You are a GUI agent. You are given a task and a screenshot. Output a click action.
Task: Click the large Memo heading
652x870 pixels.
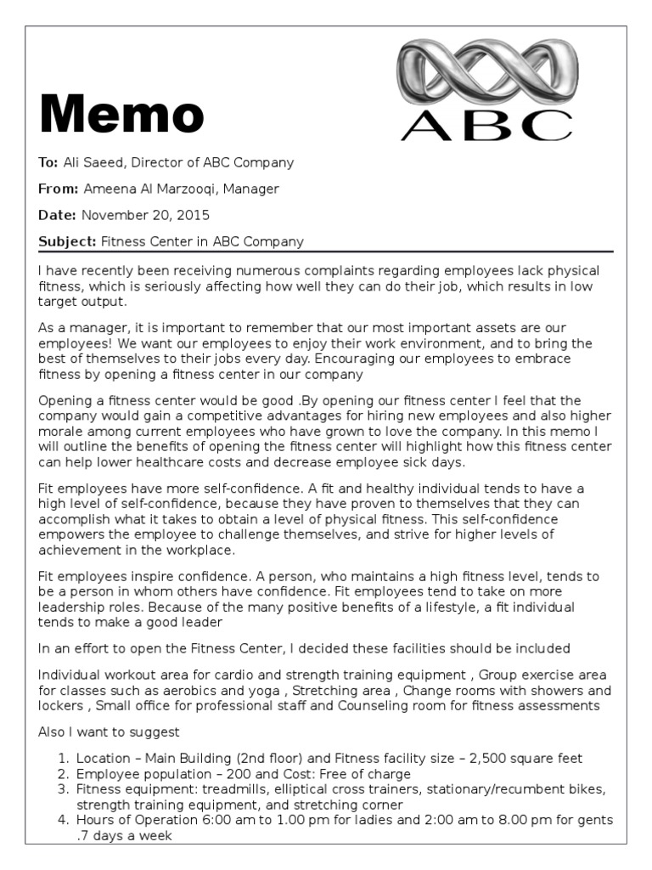tap(121, 114)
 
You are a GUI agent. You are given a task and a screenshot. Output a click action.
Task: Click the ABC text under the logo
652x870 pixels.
tap(486, 124)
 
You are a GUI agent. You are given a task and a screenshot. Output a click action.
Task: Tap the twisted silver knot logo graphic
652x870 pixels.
tap(489, 71)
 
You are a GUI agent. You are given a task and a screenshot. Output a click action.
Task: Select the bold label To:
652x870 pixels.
tap(48, 162)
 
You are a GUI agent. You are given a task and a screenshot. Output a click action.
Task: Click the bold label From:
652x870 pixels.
tap(59, 189)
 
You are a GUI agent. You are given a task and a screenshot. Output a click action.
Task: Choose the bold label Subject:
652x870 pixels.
tap(68, 241)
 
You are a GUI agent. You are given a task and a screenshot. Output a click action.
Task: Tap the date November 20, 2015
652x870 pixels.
tap(146, 215)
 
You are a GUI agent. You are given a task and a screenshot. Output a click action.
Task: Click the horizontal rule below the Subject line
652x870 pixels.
tap(325, 251)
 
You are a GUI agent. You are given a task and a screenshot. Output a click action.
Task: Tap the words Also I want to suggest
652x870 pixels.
tap(109, 732)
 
